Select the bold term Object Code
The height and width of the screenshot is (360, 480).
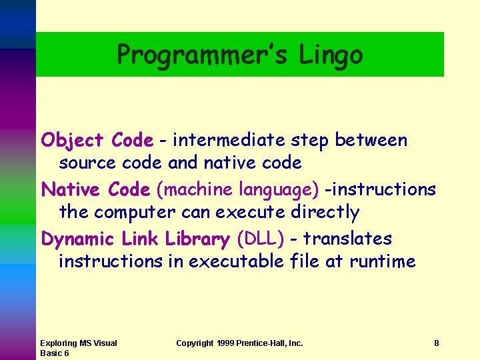pyautogui.click(x=97, y=141)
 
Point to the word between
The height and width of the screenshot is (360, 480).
pyautogui.click(x=371, y=141)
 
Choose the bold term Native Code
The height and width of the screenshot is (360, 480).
pyautogui.click(x=96, y=190)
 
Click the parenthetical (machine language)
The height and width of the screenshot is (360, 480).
pyautogui.click(x=237, y=190)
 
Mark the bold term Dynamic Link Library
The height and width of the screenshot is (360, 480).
pyautogui.click(x=135, y=239)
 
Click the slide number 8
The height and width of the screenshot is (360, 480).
pyautogui.click(x=436, y=343)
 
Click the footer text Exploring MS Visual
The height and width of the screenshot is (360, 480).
pyautogui.click(x=78, y=343)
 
